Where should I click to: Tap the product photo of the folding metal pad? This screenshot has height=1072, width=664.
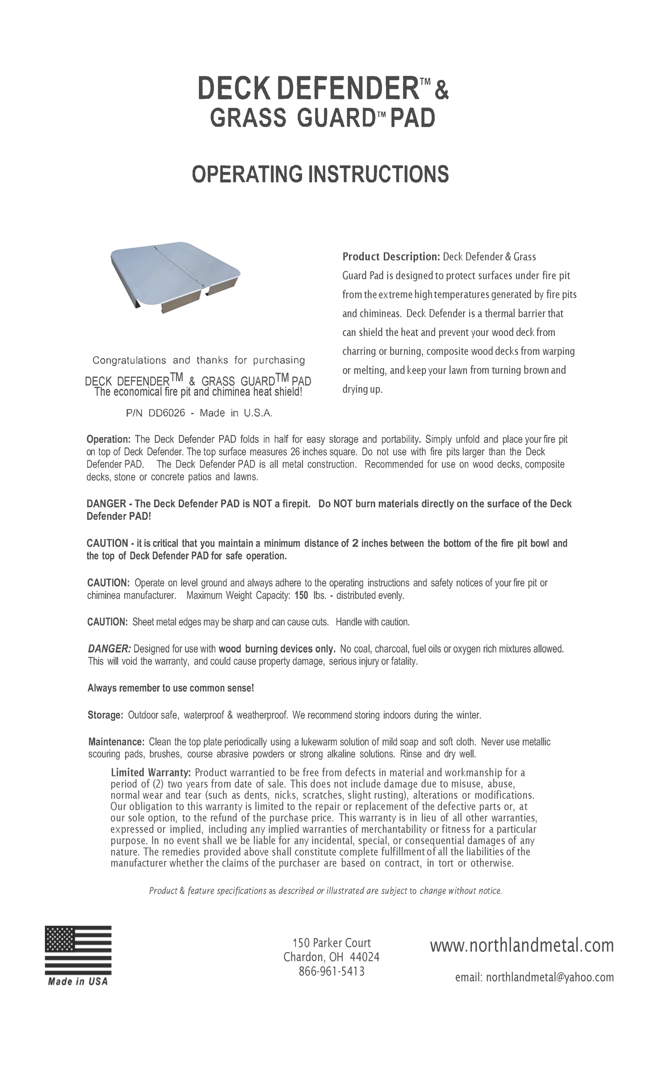pyautogui.click(x=176, y=277)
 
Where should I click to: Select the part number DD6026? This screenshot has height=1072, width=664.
pyautogui.click(x=166, y=413)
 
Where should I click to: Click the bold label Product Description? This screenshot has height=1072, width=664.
pyautogui.click(x=391, y=257)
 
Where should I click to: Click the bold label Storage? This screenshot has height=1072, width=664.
pyautogui.click(x=105, y=715)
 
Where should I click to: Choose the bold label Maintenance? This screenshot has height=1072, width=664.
pyautogui.click(x=117, y=742)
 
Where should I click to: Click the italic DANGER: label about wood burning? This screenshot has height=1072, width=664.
pyautogui.click(x=109, y=649)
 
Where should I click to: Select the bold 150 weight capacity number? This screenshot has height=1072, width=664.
pyautogui.click(x=301, y=596)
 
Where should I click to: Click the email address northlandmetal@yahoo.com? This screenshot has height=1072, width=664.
pyautogui.click(x=550, y=977)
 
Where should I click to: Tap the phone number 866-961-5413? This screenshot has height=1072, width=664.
pyautogui.click(x=331, y=971)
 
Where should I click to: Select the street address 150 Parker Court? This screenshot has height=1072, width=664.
pyautogui.click(x=331, y=943)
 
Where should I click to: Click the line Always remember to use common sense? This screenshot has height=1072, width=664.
pyautogui.click(x=170, y=688)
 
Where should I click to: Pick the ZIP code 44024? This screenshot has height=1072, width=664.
pyautogui.click(x=364, y=957)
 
